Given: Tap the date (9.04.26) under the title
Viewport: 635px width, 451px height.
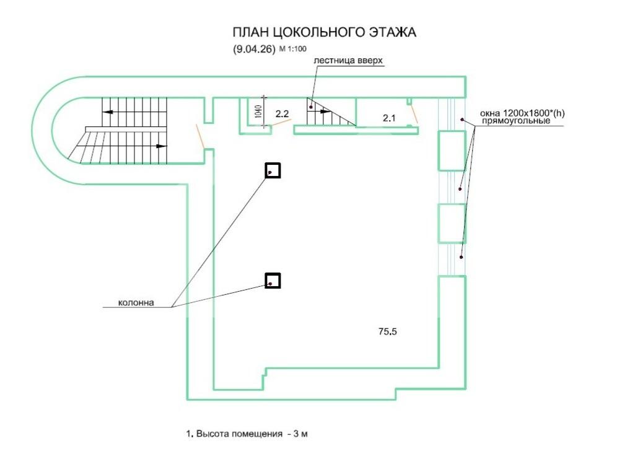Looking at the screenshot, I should [255, 51].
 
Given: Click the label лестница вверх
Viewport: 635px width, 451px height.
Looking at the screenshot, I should [349, 61].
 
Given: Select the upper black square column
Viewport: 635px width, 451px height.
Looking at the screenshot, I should [273, 170].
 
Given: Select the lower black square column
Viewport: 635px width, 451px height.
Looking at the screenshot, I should [273, 281].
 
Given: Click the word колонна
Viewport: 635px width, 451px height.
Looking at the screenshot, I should [135, 303].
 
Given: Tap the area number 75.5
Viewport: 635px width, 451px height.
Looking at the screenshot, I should [387, 331].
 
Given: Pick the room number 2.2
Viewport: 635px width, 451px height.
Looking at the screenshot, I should [282, 113].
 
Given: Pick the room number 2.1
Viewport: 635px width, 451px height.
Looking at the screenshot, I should [389, 116].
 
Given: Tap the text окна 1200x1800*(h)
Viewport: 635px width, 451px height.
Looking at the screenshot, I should [523, 113].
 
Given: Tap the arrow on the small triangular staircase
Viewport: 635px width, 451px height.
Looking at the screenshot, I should [325, 112].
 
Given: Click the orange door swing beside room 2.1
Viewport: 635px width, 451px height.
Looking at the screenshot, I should [414, 113].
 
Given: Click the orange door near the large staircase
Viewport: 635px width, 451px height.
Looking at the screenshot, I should [201, 137].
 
